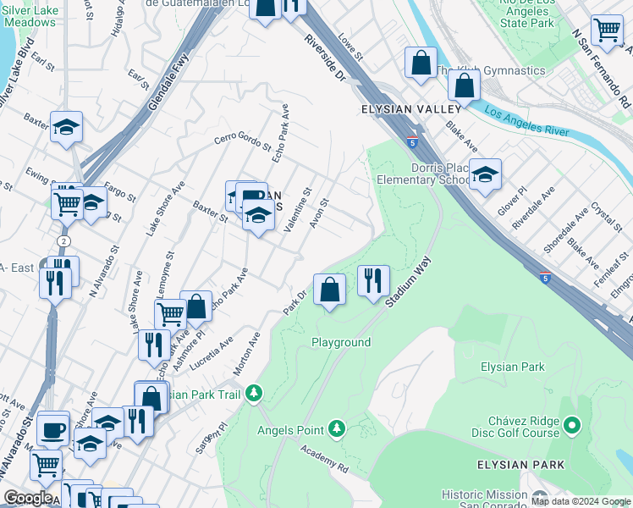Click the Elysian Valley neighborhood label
click(410, 109)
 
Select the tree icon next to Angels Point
click(337, 430)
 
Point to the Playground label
click(341, 342)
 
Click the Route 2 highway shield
click(65, 241)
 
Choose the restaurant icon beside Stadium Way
click(373, 279)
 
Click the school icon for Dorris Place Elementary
click(484, 174)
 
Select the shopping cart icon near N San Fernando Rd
click(607, 30)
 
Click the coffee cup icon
click(55, 428)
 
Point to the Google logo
click(29, 499)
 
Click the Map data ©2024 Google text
click(580, 501)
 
